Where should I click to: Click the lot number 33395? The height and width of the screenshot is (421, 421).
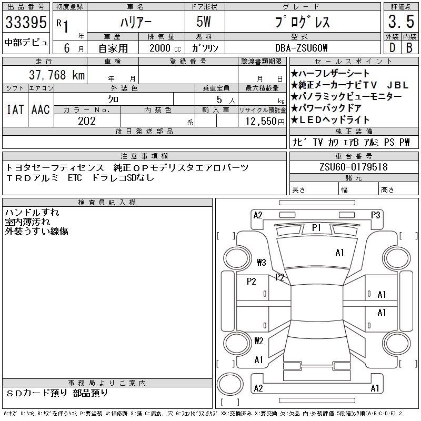tap(26, 22)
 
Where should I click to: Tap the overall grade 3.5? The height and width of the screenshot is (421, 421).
tap(401, 22)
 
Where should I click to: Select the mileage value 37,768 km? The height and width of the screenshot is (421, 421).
tap(57, 75)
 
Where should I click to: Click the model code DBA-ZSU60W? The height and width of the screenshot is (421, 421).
tap(301, 48)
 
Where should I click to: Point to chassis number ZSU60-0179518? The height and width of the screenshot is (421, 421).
tap(354, 167)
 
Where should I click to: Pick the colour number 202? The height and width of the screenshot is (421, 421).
tap(87, 121)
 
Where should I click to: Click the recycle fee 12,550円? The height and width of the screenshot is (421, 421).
tap(265, 122)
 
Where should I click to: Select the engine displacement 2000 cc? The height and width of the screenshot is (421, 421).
tap(165, 48)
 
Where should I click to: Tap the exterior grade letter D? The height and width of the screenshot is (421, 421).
tap(392, 48)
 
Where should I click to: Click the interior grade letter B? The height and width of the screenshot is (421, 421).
tap(409, 48)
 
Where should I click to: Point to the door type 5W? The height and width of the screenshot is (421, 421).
tap(204, 22)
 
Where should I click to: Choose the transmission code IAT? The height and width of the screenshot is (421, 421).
tap(15, 109)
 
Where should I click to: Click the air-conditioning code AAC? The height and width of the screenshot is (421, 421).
tap(41, 109)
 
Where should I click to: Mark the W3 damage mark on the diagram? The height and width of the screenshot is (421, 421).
tap(261, 262)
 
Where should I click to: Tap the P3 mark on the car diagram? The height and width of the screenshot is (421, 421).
tap(375, 215)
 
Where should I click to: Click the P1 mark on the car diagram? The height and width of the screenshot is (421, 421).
tap(316, 228)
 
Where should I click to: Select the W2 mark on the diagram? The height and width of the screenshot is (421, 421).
tap(259, 340)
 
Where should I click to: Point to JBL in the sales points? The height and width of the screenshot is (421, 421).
tap(398, 85)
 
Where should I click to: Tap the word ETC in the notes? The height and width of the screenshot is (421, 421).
tap(75, 178)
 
